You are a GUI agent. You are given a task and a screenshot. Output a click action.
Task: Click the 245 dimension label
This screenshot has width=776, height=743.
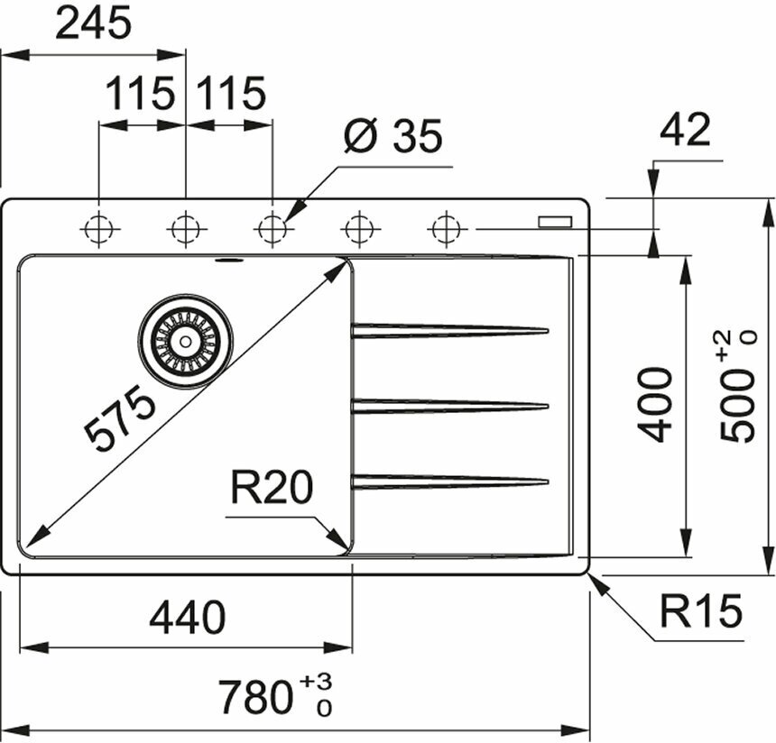[x=93, y=24]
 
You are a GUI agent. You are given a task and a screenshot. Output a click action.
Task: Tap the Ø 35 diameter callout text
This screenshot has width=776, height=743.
[x=393, y=137]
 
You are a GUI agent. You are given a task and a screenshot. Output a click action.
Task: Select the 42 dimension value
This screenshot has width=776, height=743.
[x=685, y=131]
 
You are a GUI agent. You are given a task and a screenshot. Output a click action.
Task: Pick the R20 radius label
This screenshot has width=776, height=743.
[x=271, y=489]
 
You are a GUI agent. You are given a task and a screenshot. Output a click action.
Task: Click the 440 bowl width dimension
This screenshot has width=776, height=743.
[x=187, y=618]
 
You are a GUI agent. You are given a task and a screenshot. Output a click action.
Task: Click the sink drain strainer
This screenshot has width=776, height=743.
[x=185, y=341]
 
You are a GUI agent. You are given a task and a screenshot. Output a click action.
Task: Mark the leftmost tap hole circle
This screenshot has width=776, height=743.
[x=98, y=229]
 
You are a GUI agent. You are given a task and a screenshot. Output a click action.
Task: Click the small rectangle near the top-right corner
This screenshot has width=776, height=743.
[x=554, y=221]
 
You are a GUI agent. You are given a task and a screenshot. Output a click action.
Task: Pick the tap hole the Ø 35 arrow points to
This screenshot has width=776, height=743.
[x=272, y=229]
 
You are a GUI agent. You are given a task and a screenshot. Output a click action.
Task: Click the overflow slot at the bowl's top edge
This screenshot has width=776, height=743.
[x=227, y=261]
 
